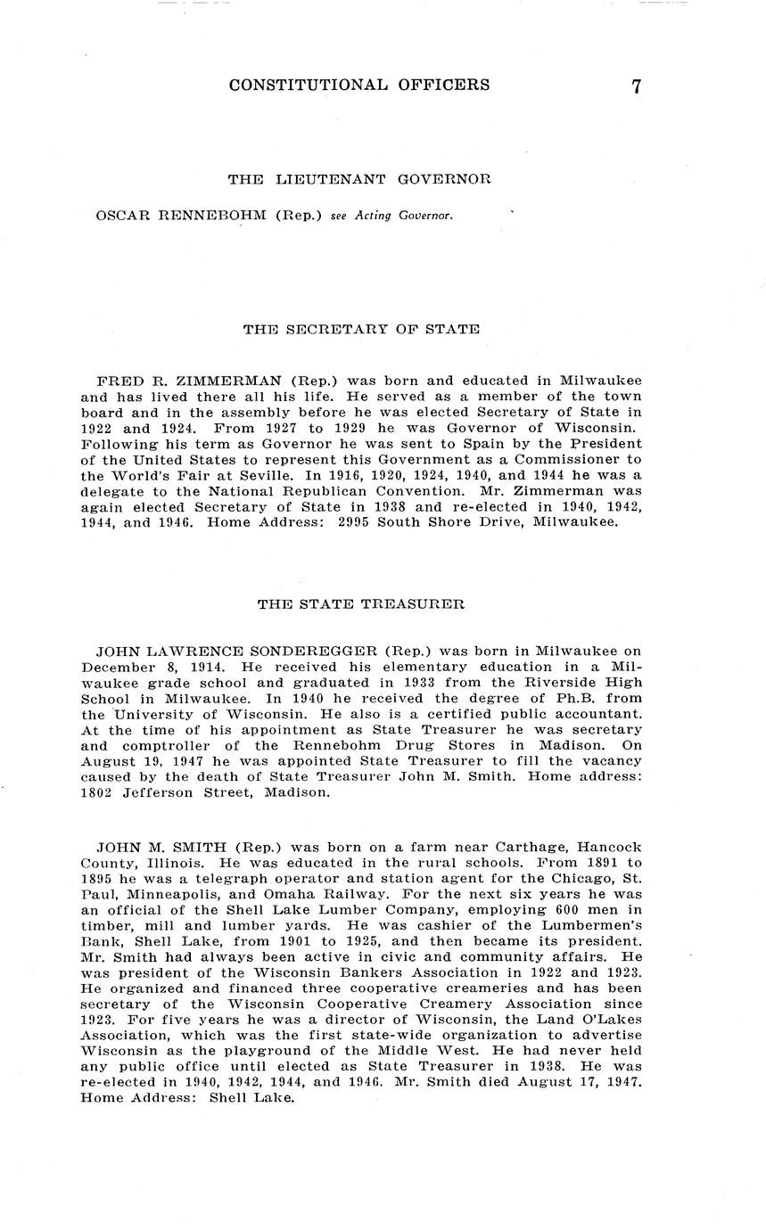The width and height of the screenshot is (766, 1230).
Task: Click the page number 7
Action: pos(636,86)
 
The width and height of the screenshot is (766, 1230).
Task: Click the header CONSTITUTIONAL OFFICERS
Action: pos(358,86)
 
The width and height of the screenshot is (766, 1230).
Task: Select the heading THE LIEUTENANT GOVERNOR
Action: pos(359,179)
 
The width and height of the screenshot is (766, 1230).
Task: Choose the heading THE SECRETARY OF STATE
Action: pos(361,329)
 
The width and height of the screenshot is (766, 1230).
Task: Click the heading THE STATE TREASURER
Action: pos(360,603)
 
